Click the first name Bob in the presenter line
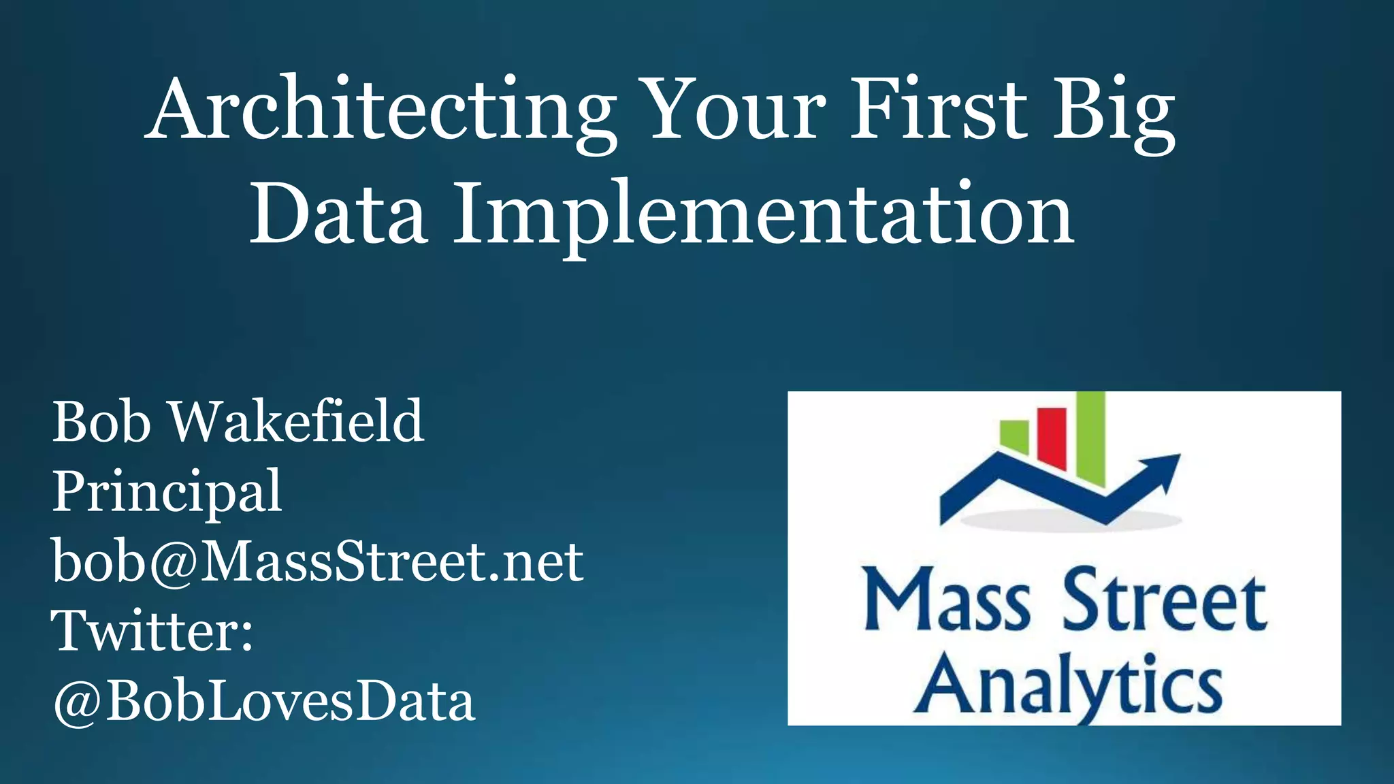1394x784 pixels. point(101,422)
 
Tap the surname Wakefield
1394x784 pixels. point(297,422)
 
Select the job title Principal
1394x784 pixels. point(167,492)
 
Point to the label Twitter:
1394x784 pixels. point(152,632)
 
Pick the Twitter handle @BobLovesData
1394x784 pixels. point(263,702)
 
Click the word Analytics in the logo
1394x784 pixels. point(1067,685)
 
